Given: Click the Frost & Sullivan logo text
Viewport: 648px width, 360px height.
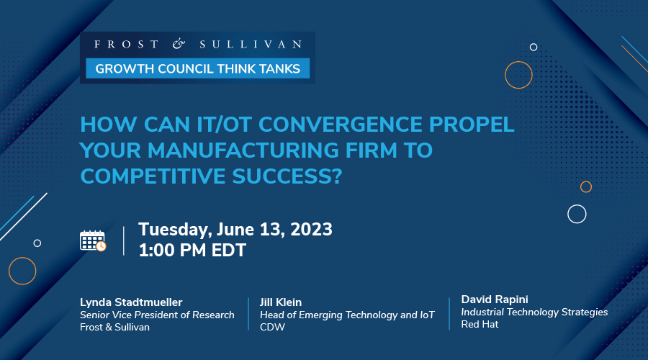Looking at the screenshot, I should pos(198,45).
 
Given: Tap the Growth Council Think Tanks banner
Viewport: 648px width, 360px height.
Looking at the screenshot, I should pos(198,68).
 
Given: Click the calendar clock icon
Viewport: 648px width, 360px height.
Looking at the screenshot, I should pos(93,240).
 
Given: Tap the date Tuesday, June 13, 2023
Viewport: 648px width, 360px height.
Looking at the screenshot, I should pos(235,230).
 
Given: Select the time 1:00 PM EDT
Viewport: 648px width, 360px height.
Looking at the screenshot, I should pos(192,251).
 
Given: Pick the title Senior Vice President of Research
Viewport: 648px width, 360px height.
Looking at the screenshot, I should pos(157,315).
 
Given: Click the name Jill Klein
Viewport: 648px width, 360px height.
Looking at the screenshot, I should pos(281,302).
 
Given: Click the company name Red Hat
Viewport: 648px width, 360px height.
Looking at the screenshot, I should pos(480,324).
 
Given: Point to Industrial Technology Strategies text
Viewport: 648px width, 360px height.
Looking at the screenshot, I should pos(534,312).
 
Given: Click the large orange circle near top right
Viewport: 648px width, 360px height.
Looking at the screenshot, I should pos(518,74).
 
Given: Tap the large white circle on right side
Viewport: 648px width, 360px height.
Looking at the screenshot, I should pos(577,214).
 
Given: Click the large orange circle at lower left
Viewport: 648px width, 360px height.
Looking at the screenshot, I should pos(22,271).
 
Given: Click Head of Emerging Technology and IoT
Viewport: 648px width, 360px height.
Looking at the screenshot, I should pos(346,315).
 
